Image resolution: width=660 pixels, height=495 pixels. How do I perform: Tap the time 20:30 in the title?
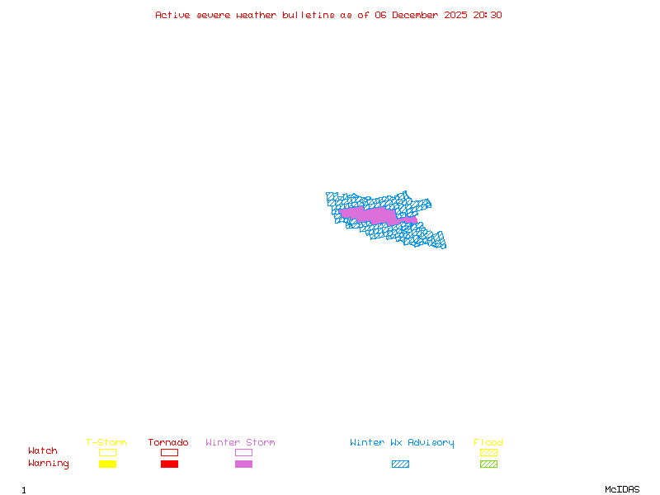pyautogui.click(x=488, y=15)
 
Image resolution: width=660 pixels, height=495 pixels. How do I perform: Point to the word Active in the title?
pyautogui.click(x=173, y=15)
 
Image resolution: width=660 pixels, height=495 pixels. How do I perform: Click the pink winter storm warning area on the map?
pyautogui.click(x=371, y=215)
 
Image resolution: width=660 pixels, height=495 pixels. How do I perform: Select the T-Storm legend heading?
pyautogui.click(x=106, y=443)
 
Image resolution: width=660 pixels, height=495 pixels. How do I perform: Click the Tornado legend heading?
pyautogui.click(x=168, y=443)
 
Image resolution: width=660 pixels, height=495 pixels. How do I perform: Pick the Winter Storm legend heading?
pyautogui.click(x=240, y=443)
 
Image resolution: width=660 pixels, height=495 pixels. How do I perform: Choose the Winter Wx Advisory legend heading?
pyautogui.click(x=402, y=443)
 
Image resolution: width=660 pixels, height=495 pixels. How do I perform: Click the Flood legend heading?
pyautogui.click(x=488, y=443)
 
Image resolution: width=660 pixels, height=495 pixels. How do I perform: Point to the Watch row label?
pyautogui.click(x=43, y=451)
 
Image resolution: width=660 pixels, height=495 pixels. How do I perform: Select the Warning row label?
pyautogui.click(x=48, y=464)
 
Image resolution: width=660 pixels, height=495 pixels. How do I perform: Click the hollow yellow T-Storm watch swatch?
pyautogui.click(x=107, y=452)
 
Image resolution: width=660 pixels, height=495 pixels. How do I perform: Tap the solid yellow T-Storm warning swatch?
pyautogui.click(x=107, y=464)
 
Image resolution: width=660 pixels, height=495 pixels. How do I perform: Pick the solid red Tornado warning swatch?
pyautogui.click(x=169, y=464)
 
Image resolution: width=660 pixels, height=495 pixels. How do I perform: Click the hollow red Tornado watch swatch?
pyautogui.click(x=169, y=452)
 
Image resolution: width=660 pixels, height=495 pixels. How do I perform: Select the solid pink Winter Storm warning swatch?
pyautogui.click(x=243, y=464)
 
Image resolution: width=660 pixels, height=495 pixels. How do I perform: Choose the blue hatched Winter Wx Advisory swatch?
pyautogui.click(x=400, y=464)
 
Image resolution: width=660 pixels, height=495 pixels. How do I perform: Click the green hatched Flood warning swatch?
pyautogui.click(x=488, y=464)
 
